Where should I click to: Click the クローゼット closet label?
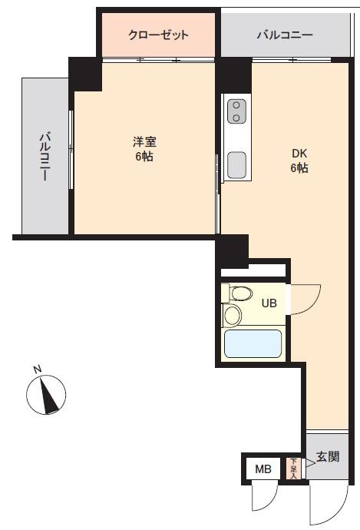click(158, 35)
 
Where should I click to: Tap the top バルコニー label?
click(284, 35)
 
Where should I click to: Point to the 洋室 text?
click(144, 141)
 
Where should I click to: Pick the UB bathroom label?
click(269, 303)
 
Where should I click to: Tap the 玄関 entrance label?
click(328, 457)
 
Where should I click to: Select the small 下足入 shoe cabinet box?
click(292, 468)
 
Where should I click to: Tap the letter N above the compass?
click(37, 369)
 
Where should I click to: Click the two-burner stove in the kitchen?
click(236, 111)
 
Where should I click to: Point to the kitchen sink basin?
click(236, 163)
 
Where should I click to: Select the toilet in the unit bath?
click(239, 293)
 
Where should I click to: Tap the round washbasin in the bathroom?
click(232, 316)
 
